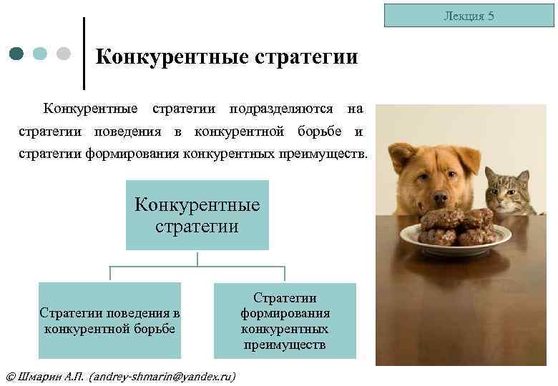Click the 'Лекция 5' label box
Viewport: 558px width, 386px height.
469,15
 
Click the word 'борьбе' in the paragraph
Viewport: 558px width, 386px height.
325,132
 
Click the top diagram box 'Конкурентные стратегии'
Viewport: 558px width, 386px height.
197,215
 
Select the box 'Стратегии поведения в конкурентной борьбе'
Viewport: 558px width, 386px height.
109,320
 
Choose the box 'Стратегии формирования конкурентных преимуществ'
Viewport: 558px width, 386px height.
285,320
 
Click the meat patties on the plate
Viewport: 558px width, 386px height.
456,228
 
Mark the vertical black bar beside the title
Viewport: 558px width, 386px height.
84,54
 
